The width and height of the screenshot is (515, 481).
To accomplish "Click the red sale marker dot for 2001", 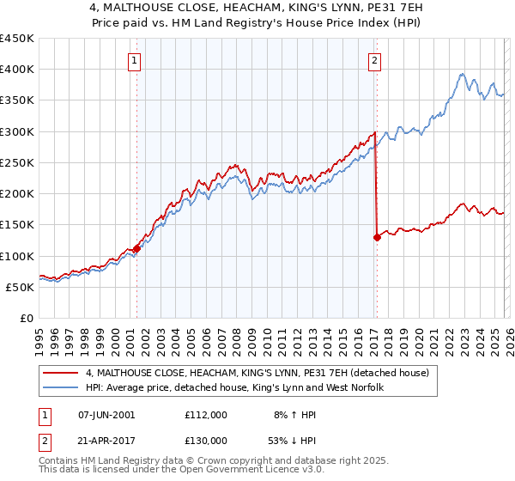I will (x=136, y=249).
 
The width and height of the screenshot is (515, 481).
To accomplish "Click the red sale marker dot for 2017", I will (x=377, y=238).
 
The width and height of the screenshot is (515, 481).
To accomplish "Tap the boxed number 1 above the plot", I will (x=136, y=60).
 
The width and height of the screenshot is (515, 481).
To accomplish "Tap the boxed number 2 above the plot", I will (x=376, y=60).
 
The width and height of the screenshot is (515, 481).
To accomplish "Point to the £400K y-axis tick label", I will (x=17, y=70).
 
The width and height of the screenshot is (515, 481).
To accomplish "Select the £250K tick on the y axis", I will (x=17, y=162).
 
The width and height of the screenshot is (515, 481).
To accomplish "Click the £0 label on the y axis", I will (x=27, y=318).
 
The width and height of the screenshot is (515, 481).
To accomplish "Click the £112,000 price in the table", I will (x=205, y=414).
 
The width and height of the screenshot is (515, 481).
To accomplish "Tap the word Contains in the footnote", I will (x=60, y=462).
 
